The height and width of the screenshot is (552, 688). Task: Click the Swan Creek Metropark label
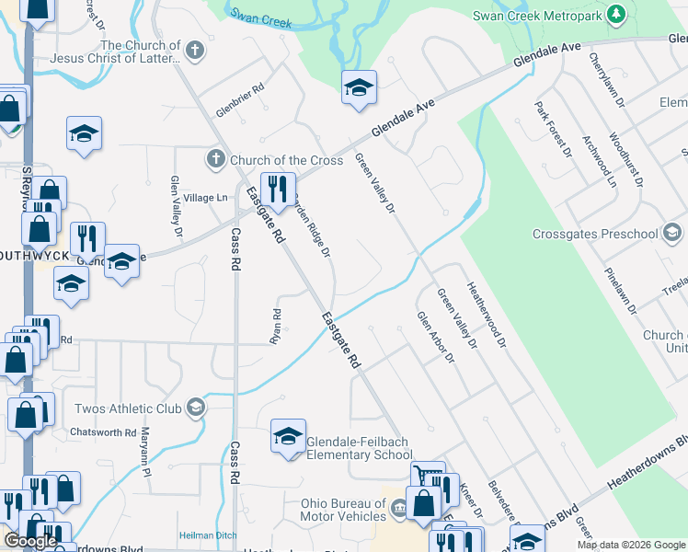(x=538, y=15)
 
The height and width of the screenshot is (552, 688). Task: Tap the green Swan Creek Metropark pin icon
(x=616, y=14)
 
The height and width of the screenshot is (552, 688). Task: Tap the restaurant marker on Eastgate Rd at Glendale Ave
(x=278, y=190)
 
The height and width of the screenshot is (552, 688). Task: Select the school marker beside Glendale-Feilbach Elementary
(x=288, y=437)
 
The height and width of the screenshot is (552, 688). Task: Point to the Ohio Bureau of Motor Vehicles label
(x=343, y=510)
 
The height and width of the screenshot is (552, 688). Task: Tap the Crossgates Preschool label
(x=595, y=234)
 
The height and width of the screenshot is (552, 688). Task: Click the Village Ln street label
(x=205, y=198)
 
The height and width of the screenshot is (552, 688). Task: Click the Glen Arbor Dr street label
(x=436, y=337)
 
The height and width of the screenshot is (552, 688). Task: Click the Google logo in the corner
(x=30, y=541)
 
